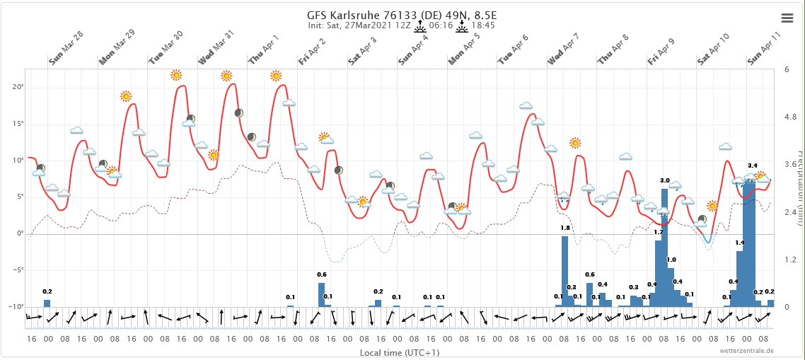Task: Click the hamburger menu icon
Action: [787, 18]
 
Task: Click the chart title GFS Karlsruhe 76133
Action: [401, 15]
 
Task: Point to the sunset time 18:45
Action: [482, 25]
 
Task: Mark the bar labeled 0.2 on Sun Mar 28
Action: [47, 303]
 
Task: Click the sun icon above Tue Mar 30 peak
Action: [176, 75]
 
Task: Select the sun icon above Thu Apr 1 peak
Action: [276, 76]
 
